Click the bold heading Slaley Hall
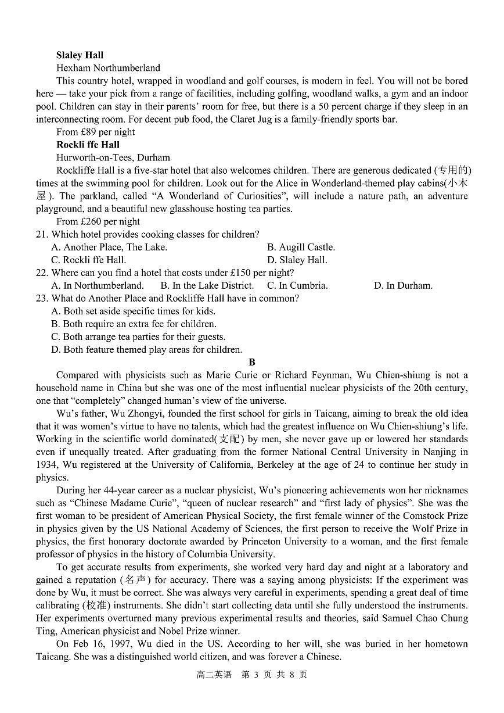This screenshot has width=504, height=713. (x=80, y=55)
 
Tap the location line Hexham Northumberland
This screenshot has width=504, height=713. (x=108, y=68)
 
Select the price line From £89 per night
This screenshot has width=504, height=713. (x=95, y=132)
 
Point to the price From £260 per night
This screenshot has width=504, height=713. (x=98, y=221)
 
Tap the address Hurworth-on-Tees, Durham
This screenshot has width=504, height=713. (x=113, y=157)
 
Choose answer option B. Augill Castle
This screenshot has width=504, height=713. (x=301, y=247)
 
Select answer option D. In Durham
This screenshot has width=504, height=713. (x=403, y=285)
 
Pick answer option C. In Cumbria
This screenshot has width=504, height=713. (x=297, y=285)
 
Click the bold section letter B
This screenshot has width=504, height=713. (x=252, y=362)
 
